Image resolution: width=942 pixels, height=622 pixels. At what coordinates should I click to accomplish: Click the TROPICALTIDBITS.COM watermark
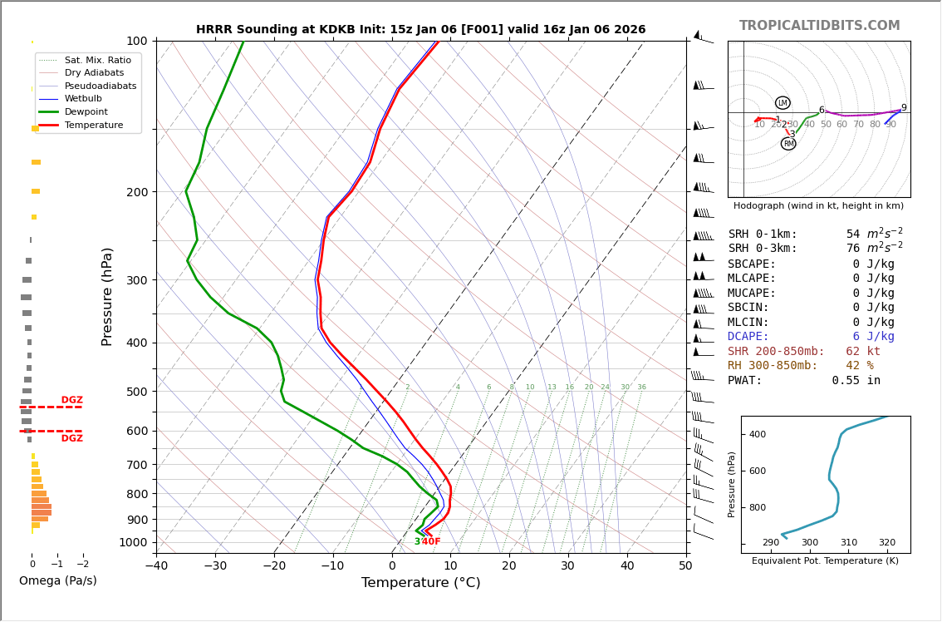point(819,26)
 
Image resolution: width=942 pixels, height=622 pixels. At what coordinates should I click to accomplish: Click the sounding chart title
point(420,30)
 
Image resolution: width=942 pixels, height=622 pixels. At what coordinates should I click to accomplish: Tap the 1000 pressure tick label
point(132,542)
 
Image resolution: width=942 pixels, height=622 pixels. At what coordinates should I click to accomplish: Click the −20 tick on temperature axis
point(274,566)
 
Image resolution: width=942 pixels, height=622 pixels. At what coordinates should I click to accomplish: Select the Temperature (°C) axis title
point(420,583)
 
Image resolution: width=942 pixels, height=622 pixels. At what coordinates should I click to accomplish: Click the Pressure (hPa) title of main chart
point(107,296)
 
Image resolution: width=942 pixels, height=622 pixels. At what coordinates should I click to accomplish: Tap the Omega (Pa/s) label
point(58,581)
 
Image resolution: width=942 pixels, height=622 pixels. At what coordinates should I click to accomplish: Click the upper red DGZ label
point(72,400)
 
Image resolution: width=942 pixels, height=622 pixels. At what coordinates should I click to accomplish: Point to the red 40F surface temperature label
point(431,542)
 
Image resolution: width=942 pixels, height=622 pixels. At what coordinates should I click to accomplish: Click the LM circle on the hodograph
point(783,103)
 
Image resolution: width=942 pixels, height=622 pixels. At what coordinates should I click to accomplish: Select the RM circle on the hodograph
point(788,144)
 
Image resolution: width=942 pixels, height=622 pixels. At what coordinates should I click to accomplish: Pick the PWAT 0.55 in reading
point(804,381)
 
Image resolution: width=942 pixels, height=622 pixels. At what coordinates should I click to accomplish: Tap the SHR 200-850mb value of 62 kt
point(863,352)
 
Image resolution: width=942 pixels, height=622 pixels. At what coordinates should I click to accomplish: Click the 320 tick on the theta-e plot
point(886,543)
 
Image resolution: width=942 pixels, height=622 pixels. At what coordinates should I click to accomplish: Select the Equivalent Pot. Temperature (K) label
point(825,561)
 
